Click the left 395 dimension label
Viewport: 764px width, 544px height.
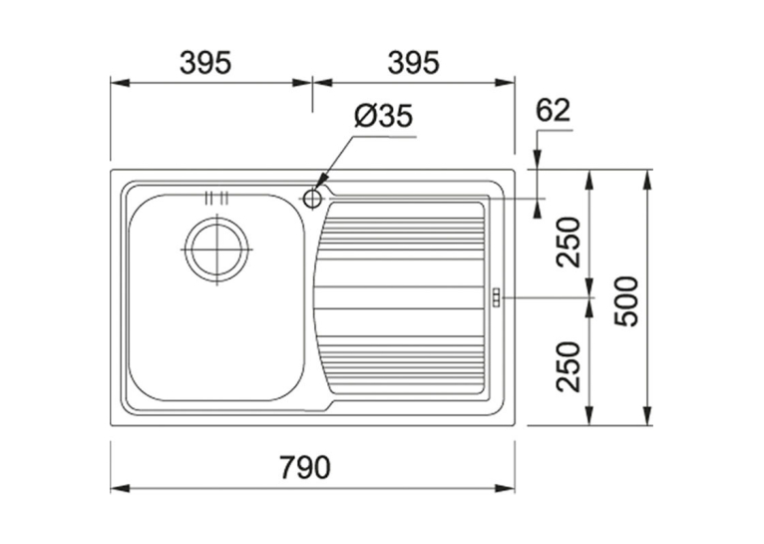[x=205, y=63]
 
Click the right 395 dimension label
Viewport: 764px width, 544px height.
[x=414, y=63]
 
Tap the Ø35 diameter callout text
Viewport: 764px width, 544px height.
[x=383, y=116]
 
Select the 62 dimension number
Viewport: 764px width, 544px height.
[x=553, y=111]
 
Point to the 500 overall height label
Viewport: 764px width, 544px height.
[x=626, y=301]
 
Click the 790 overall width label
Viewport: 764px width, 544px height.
[x=305, y=466]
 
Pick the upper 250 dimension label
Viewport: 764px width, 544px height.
[x=570, y=243]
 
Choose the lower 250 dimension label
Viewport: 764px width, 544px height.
[x=570, y=367]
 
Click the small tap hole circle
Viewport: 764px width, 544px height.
[x=312, y=199]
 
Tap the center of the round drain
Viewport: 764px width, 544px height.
[x=216, y=250]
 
